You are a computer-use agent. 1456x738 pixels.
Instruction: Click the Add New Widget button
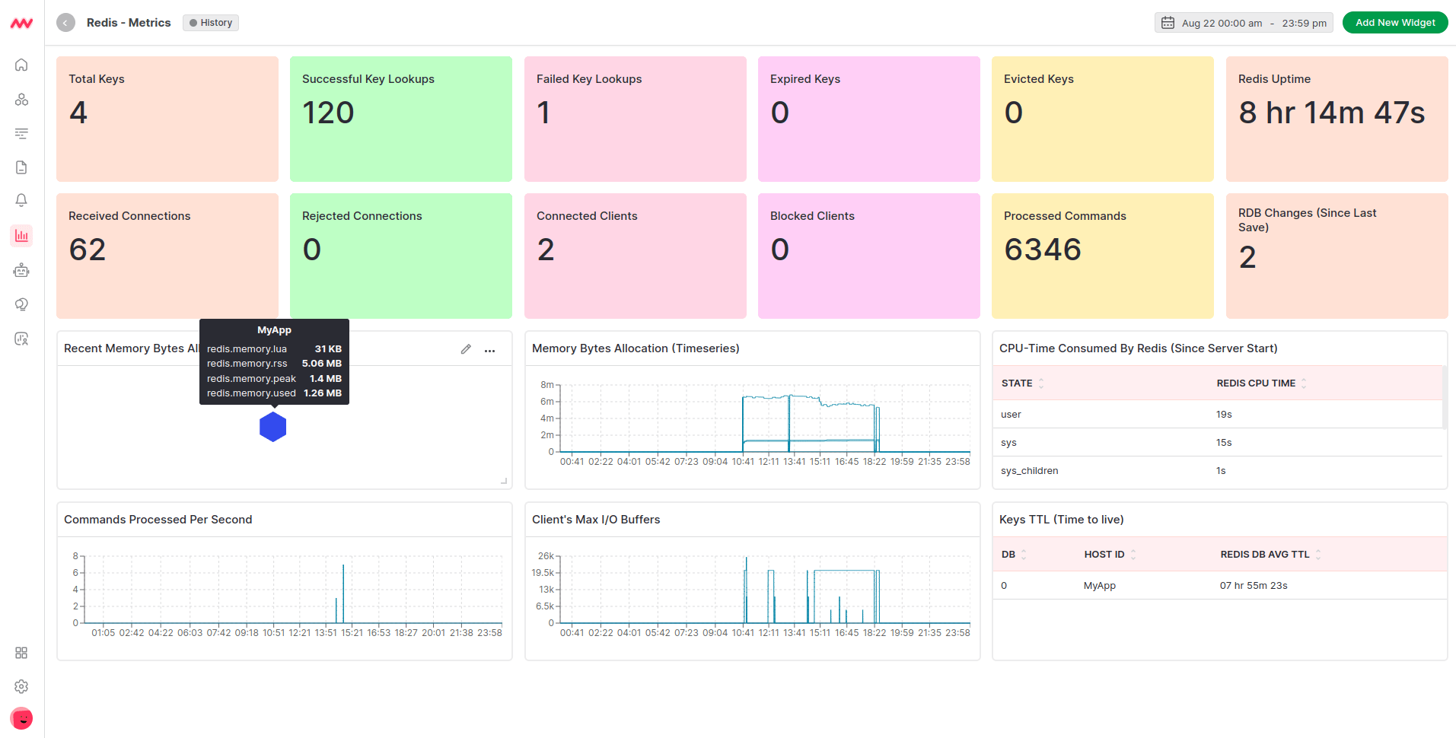(1394, 23)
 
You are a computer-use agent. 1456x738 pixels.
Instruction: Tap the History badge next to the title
(211, 23)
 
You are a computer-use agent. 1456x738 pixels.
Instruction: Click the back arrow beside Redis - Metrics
(66, 23)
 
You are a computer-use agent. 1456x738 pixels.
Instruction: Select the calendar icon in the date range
(1168, 23)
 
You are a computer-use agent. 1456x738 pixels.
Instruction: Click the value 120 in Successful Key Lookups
(328, 113)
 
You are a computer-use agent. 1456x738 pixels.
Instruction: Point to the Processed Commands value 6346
(1042, 250)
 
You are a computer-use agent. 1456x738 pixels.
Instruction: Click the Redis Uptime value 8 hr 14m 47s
(1331, 113)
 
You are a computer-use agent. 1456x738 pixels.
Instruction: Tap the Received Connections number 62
(88, 250)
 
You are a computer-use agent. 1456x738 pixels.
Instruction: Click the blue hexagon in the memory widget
(272, 427)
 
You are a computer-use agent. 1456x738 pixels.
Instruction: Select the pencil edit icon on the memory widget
(466, 349)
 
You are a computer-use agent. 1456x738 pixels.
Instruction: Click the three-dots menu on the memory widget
(490, 350)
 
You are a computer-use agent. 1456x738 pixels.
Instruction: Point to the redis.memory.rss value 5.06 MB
(321, 364)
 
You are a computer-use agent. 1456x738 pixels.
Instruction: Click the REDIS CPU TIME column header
(1256, 383)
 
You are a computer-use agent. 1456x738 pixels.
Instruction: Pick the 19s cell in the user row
(1224, 415)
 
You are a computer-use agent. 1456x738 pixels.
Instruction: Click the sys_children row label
(1029, 471)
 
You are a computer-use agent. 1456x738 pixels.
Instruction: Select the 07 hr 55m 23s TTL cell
(1254, 586)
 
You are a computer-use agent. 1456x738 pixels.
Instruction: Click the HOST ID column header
(1104, 555)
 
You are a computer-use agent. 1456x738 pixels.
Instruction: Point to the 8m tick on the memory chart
(546, 385)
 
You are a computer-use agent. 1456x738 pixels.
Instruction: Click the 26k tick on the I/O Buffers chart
(546, 556)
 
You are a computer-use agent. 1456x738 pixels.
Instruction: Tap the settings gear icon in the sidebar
(21, 686)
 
